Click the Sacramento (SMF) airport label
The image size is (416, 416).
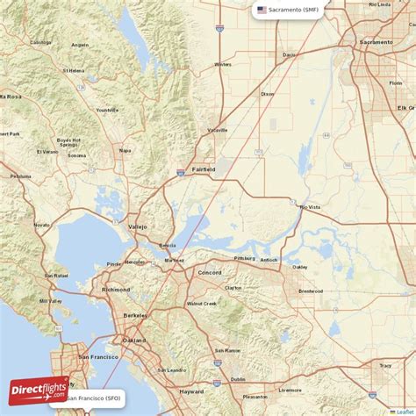(x=294, y=10)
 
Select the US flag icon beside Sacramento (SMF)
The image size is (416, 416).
(x=262, y=10)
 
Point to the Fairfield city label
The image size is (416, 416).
(x=204, y=169)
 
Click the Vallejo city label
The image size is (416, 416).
(x=139, y=226)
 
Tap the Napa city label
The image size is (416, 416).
(x=125, y=150)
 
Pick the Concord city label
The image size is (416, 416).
(x=209, y=273)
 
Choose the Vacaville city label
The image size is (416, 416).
(x=217, y=130)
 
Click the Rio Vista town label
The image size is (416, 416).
(x=311, y=207)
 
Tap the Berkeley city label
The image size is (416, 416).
(x=135, y=314)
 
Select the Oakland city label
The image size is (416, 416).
(x=134, y=340)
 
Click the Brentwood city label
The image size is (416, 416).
(x=311, y=290)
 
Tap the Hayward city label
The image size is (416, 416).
(x=190, y=391)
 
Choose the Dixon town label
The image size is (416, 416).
(x=268, y=93)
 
